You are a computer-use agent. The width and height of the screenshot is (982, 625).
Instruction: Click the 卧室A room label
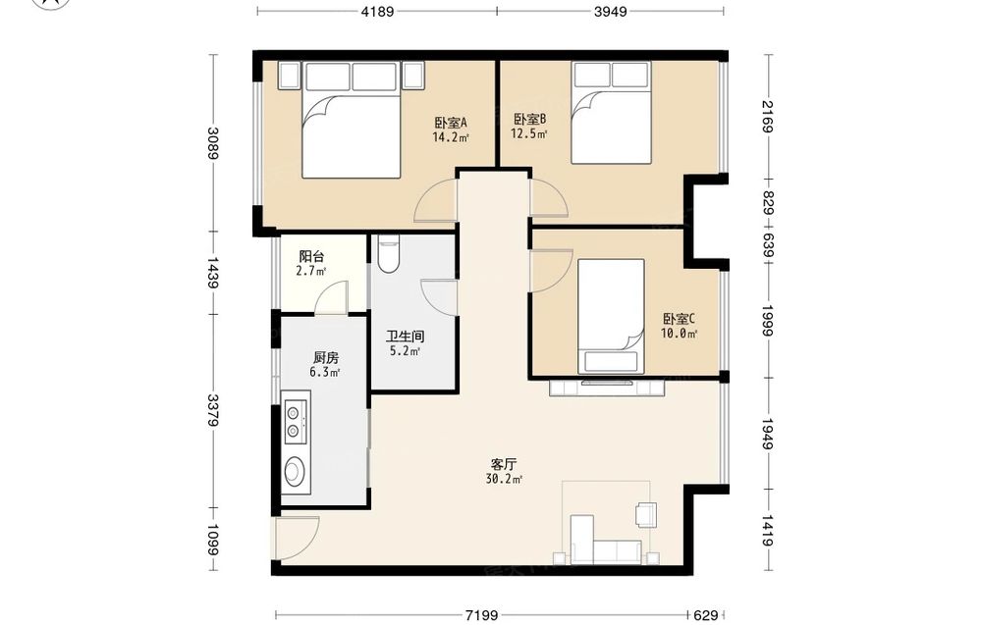pos(451,123)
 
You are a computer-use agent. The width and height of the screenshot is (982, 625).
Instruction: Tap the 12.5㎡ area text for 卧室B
pos(529,133)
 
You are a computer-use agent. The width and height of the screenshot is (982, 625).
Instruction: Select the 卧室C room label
pos(679,319)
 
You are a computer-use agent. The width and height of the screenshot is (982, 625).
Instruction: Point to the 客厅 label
pos(504,465)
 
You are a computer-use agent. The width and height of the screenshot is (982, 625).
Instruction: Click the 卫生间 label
pos(405,337)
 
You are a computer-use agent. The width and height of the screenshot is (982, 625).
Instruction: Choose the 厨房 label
pos(326,358)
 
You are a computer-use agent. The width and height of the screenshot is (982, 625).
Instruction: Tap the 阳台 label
pos(311,256)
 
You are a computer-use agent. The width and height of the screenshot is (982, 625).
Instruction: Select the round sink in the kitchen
pos(295,472)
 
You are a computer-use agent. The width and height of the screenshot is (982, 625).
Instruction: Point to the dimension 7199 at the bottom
pos(481,615)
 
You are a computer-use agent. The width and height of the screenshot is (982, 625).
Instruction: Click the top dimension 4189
pos(377,11)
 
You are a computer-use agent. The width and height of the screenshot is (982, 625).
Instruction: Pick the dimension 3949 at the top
pos(610,11)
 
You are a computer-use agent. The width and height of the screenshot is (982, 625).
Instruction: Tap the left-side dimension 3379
pos(213,410)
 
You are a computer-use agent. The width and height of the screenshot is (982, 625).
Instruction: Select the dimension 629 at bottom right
pos(706,615)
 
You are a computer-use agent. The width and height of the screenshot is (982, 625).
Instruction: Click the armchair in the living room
pos(646,514)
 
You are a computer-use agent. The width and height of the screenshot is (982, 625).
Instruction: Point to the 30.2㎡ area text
pos(504,480)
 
